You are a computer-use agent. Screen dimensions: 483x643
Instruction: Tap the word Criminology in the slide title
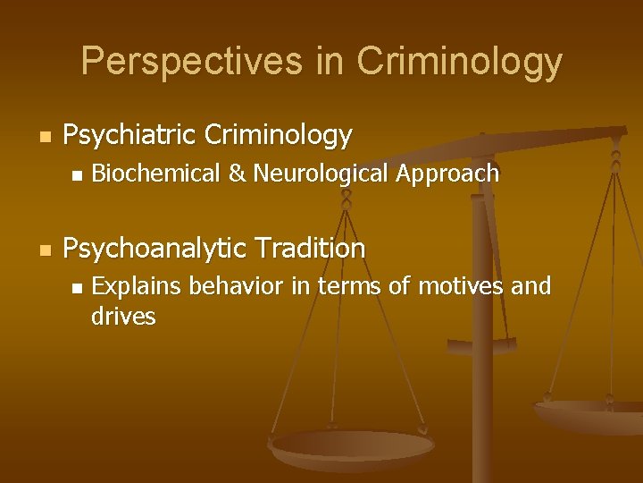459,62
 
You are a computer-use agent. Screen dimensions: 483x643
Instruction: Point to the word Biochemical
156,174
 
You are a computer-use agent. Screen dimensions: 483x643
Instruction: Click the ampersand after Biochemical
237,174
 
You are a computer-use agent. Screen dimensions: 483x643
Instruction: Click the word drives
123,316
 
